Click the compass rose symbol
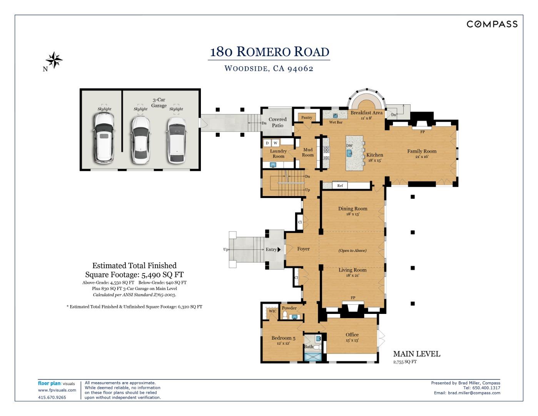pos(54,60)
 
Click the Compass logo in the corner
pos(492,24)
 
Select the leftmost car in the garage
pos(104,138)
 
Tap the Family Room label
pos(422,151)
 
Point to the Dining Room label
pos(353,209)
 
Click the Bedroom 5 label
pos(283,338)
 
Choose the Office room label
pos(352,335)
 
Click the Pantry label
pos(307,117)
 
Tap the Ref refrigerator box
pos(340,186)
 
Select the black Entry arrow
pos(279,250)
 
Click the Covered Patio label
pos(277,122)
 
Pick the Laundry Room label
pos(278,154)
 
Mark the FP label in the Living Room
pos(353,298)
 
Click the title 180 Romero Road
pos(269,52)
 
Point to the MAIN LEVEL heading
pos(416,354)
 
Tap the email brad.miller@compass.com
pos(474,393)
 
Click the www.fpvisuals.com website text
pos(57,390)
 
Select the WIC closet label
pos(272,311)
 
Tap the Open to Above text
pos(352,250)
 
